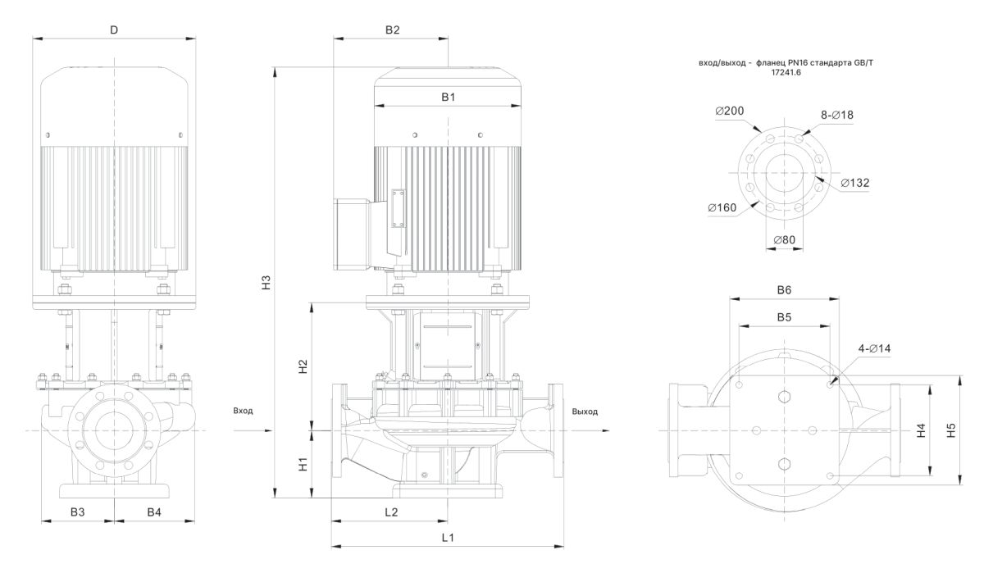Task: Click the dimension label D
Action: click(x=114, y=30)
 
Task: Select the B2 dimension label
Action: click(x=392, y=30)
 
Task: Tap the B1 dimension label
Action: click(x=448, y=97)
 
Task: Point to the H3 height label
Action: click(x=265, y=280)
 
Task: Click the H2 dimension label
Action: click(x=303, y=366)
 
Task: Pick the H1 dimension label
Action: click(x=303, y=464)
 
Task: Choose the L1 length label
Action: click(x=448, y=538)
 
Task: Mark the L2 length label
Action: click(x=390, y=512)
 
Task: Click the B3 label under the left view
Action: click(x=77, y=512)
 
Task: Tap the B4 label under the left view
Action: click(x=154, y=512)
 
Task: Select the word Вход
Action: click(x=243, y=411)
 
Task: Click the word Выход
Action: click(x=585, y=411)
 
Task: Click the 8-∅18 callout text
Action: click(x=837, y=116)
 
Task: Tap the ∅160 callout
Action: click(x=722, y=207)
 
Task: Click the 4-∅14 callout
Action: click(x=874, y=349)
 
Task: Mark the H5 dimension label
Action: click(x=950, y=430)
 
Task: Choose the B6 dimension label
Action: click(x=784, y=290)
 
